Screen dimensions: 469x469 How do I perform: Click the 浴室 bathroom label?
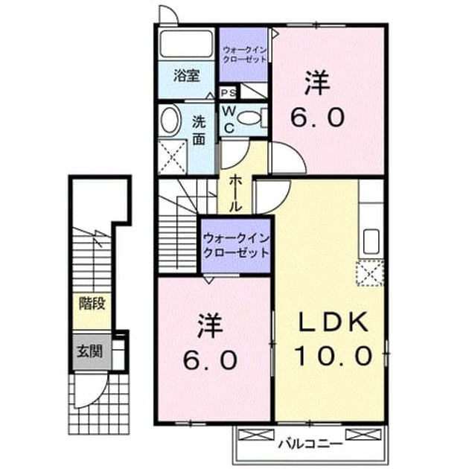click(186, 76)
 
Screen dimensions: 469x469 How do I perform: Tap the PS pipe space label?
click(229, 93)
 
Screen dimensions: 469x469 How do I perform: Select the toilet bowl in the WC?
click(250, 118)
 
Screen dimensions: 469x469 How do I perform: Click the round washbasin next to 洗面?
click(170, 119)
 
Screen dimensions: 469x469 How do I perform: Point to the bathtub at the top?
click(186, 43)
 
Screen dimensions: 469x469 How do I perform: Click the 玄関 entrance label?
click(90, 351)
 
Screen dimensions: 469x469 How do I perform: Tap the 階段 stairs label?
click(92, 304)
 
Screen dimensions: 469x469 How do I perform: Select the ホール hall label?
click(235, 194)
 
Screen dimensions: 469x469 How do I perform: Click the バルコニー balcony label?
click(310, 444)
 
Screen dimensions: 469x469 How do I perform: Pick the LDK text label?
click(334, 323)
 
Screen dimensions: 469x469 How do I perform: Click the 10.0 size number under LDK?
click(334, 356)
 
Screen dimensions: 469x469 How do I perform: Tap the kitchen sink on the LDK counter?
click(371, 241)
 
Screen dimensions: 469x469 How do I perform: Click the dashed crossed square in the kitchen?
click(370, 273)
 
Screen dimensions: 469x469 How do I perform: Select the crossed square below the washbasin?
click(172, 157)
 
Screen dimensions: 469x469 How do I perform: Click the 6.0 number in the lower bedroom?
click(210, 360)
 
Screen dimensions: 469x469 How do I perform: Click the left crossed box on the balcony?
click(256, 435)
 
